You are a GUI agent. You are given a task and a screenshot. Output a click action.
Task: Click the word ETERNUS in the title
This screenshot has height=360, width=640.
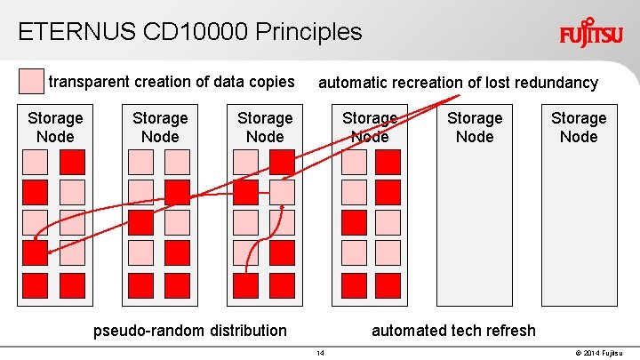(x=76, y=32)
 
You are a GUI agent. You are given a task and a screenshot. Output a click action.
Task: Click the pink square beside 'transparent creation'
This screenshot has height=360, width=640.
(x=31, y=82)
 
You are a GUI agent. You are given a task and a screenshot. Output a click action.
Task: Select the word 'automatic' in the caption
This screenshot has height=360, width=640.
(x=354, y=83)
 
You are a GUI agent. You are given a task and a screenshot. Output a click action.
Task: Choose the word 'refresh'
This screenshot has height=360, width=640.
(x=508, y=331)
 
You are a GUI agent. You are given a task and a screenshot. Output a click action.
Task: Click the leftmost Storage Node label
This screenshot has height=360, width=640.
(x=55, y=127)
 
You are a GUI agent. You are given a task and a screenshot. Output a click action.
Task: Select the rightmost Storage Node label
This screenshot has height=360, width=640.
(x=579, y=127)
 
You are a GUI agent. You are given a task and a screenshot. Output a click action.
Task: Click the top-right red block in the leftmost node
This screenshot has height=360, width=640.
(x=72, y=162)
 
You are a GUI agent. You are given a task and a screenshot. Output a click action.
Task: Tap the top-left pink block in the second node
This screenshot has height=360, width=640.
(x=140, y=162)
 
